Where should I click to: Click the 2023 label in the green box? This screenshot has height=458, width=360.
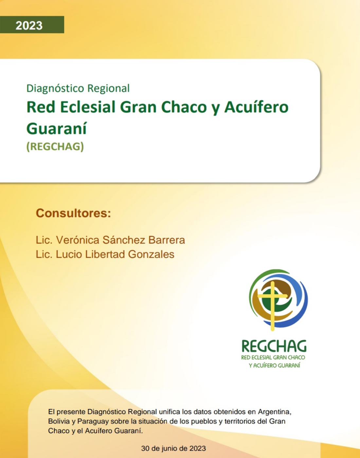pyautogui.click(x=29, y=26)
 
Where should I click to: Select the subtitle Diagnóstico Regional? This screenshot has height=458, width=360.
pyautogui.click(x=78, y=88)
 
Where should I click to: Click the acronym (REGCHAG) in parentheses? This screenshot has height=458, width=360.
pyautogui.click(x=55, y=147)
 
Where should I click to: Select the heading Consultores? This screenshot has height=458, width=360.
pyautogui.click(x=73, y=213)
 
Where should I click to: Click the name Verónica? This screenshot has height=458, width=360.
pyautogui.click(x=78, y=240)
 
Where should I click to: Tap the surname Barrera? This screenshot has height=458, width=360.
pyautogui.click(x=167, y=240)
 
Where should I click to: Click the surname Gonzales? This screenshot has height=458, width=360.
pyautogui.click(x=151, y=255)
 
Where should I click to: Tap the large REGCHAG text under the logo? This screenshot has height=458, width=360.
pyautogui.click(x=274, y=346)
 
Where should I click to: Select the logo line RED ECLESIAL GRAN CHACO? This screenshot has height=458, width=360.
pyautogui.click(x=273, y=358)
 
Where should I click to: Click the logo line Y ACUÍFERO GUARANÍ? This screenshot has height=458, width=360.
pyautogui.click(x=275, y=365)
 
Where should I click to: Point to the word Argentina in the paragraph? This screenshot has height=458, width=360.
pyautogui.click(x=275, y=412)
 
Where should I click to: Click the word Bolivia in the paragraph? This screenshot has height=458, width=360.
pyautogui.click(x=59, y=421)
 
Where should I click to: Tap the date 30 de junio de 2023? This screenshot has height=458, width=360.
pyautogui.click(x=173, y=448)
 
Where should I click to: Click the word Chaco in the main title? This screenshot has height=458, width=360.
pyautogui.click(x=184, y=107)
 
